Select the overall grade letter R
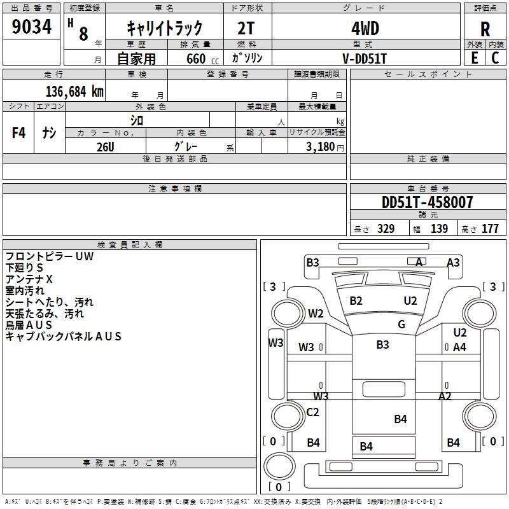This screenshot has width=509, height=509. [x=485, y=29]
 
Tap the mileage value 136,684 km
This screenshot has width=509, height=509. [x=74, y=91]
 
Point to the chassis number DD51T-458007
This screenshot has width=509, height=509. [x=427, y=202]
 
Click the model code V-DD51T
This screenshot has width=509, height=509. [x=365, y=58]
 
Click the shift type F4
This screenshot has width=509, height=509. [x=19, y=133]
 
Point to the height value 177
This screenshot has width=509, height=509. [x=490, y=228]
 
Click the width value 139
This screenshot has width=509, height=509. [x=439, y=228]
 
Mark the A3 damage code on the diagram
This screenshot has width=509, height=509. [x=453, y=262]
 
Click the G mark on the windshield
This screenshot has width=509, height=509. [x=401, y=324]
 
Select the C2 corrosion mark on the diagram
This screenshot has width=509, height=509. [x=312, y=412]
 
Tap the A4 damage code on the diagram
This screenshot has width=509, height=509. [x=459, y=347]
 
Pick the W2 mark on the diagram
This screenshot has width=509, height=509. [x=316, y=313]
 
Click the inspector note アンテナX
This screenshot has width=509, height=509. [x=29, y=279]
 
